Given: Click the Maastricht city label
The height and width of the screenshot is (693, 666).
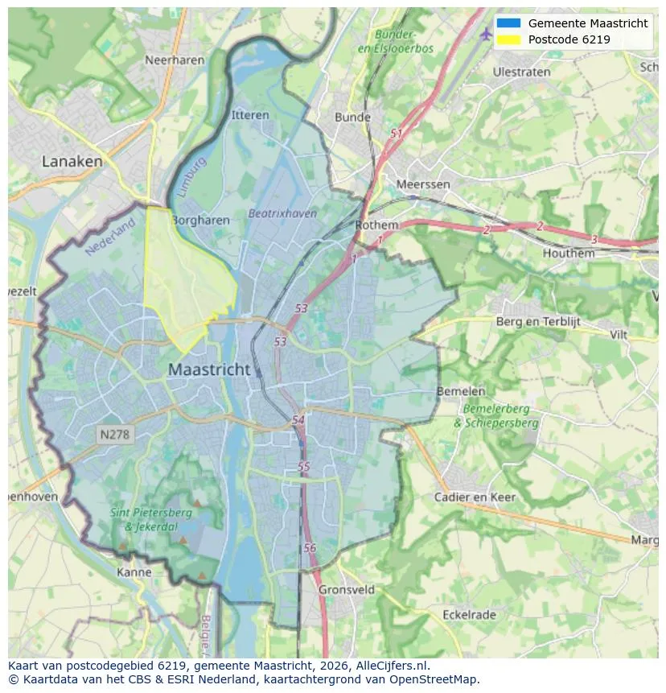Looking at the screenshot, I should click(x=209, y=370).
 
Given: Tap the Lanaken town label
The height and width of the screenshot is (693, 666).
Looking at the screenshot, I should click(x=72, y=162).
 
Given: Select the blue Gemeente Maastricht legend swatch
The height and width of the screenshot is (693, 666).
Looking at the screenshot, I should click(x=508, y=23).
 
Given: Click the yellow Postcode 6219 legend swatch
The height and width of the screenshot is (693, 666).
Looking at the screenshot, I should click(x=508, y=39).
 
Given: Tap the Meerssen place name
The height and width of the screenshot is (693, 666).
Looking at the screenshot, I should click(x=423, y=184).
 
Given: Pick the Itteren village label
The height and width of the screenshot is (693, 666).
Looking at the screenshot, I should click(x=250, y=115).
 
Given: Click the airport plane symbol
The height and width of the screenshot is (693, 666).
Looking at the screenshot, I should click(x=485, y=34).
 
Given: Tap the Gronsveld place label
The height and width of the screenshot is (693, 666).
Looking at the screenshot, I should click(x=347, y=589).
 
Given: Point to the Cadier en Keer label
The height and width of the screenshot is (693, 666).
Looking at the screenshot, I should click(x=475, y=497).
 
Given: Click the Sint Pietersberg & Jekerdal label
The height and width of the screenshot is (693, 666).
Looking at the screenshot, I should click(x=152, y=520).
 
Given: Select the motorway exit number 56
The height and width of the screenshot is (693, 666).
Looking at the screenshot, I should click(x=310, y=548).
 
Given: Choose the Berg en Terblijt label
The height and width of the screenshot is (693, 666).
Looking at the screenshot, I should click(x=538, y=322).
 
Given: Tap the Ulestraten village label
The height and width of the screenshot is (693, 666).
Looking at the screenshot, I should click(x=522, y=72).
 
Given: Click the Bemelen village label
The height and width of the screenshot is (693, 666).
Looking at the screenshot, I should click(x=461, y=391).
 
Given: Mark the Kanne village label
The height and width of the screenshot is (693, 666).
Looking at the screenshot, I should click(x=134, y=572).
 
